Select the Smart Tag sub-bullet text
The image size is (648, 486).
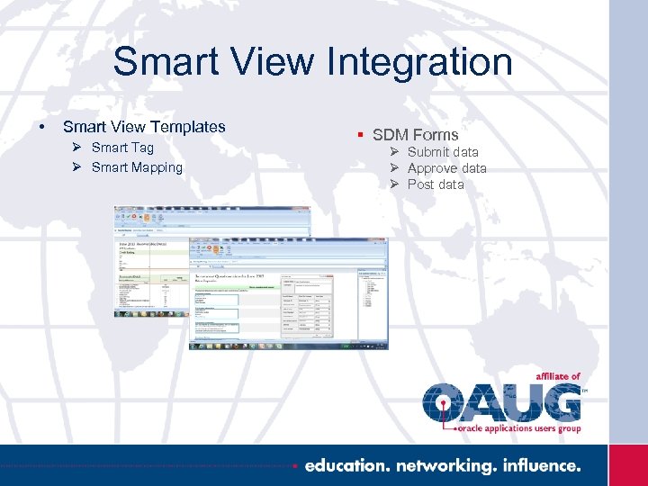click(x=122, y=148)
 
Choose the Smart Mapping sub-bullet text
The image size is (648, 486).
click(x=137, y=167)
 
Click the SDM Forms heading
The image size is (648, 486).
click(x=415, y=135)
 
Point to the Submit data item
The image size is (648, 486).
click(x=443, y=152)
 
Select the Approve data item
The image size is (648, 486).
click(x=446, y=168)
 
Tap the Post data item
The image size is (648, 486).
click(x=436, y=184)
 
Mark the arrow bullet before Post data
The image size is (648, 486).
click(x=394, y=184)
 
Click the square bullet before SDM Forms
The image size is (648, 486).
click(x=359, y=135)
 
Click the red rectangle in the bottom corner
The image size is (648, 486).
click(x=627, y=465)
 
